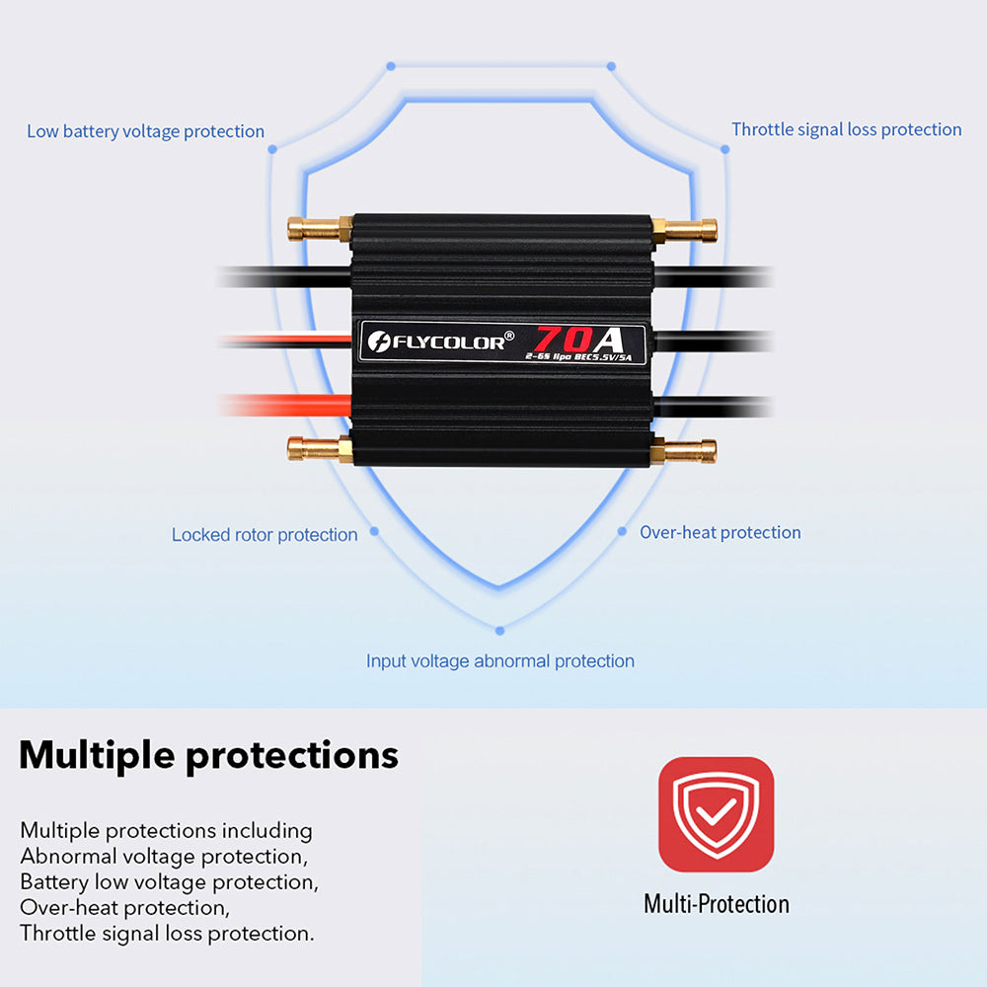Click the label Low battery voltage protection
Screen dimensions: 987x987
tap(145, 131)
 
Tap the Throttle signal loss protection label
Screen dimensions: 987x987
tap(846, 129)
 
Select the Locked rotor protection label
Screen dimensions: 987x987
tap(265, 535)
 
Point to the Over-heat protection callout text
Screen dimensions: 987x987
tap(720, 533)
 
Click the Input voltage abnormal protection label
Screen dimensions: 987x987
tap(500, 661)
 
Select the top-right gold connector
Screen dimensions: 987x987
tap(685, 231)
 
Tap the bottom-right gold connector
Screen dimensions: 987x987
tap(685, 452)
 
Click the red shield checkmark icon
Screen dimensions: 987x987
tap(716, 814)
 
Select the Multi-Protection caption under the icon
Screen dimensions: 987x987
tap(716, 904)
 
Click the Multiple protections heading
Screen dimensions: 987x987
tap(208, 756)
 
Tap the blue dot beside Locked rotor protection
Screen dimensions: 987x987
tap(375, 532)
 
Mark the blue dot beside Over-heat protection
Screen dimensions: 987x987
tap(622, 531)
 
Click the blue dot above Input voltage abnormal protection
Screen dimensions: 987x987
tap(500, 630)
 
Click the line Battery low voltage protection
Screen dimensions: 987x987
tap(169, 882)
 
